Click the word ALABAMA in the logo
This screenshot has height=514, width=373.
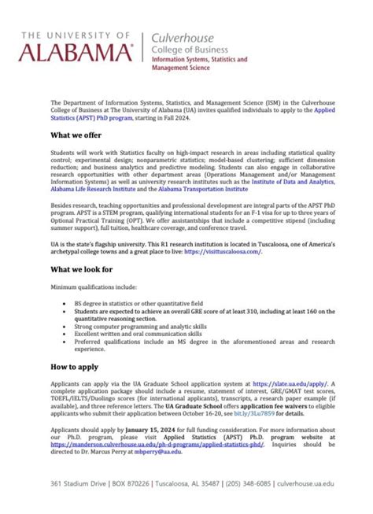(x=76, y=53)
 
